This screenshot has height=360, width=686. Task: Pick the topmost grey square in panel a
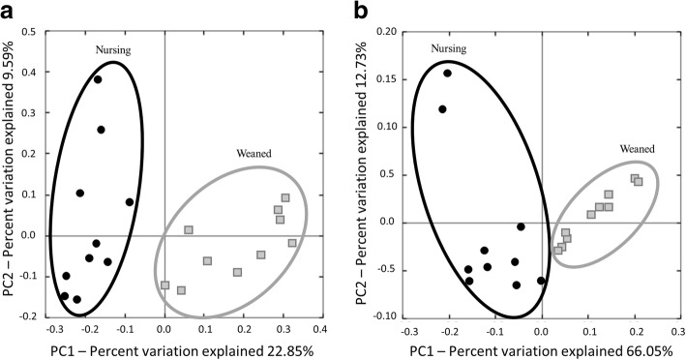(285, 198)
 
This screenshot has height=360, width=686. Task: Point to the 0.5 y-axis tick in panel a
(38, 31)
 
